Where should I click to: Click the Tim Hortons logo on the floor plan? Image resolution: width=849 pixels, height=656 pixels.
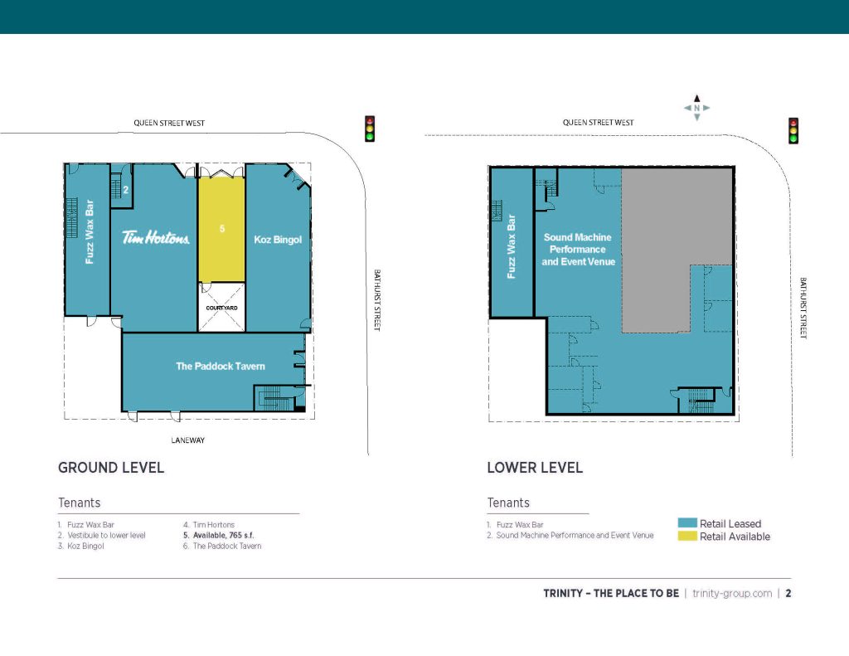click(155, 237)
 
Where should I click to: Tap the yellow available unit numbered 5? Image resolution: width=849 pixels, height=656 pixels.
click(221, 229)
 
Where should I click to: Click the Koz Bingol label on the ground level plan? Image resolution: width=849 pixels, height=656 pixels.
click(278, 240)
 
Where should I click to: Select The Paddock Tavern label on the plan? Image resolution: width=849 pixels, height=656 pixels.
click(221, 367)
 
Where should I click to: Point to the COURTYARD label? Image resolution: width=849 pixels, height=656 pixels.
click(221, 308)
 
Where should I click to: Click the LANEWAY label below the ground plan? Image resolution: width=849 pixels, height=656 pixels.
click(188, 440)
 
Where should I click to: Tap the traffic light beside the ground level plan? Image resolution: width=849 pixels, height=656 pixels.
click(370, 129)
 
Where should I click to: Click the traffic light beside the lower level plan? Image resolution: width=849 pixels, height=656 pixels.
click(793, 131)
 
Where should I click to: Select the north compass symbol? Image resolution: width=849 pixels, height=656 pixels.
click(696, 108)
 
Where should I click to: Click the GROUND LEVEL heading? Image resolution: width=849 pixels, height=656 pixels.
click(111, 468)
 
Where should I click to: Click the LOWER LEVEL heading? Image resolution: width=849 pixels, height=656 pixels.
click(535, 468)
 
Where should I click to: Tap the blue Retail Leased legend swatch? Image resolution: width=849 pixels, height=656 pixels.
click(687, 522)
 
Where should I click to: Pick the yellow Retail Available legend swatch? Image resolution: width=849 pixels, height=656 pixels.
click(687, 536)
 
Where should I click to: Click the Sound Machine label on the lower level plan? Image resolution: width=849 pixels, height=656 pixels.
click(578, 249)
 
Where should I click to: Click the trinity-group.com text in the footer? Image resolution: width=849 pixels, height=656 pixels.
click(732, 593)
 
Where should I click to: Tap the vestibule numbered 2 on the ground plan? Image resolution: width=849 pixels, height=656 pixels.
click(122, 186)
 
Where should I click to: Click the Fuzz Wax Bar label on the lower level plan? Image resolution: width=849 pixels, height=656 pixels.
click(511, 246)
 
